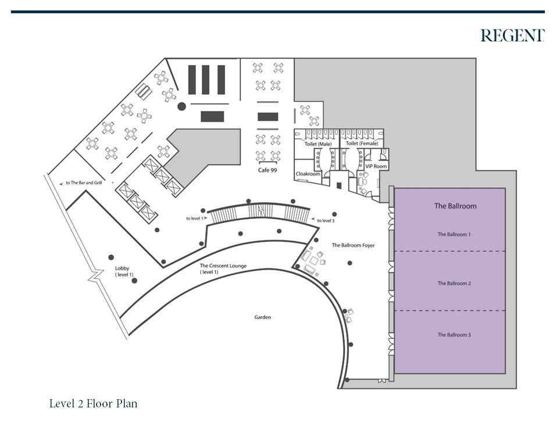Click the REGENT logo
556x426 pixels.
tap(512, 36)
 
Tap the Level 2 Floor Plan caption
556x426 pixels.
tap(93, 403)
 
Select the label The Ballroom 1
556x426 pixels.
tap(454, 235)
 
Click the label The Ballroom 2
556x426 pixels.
tap(454, 284)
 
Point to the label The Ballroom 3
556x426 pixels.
tap(454, 335)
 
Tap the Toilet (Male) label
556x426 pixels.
tap(318, 144)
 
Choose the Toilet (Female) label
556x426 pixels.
tap(362, 144)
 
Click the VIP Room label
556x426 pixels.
tap(376, 167)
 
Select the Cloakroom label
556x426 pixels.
tap(308, 174)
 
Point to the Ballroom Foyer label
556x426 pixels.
tap(353, 246)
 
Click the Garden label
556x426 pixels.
tap(263, 317)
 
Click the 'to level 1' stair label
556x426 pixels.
tap(195, 219)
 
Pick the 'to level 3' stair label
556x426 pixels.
tap(327, 221)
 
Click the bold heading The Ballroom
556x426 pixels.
tap(455, 206)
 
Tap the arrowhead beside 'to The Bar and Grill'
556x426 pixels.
tap(62, 182)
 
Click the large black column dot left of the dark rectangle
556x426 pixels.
tap(181, 106)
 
